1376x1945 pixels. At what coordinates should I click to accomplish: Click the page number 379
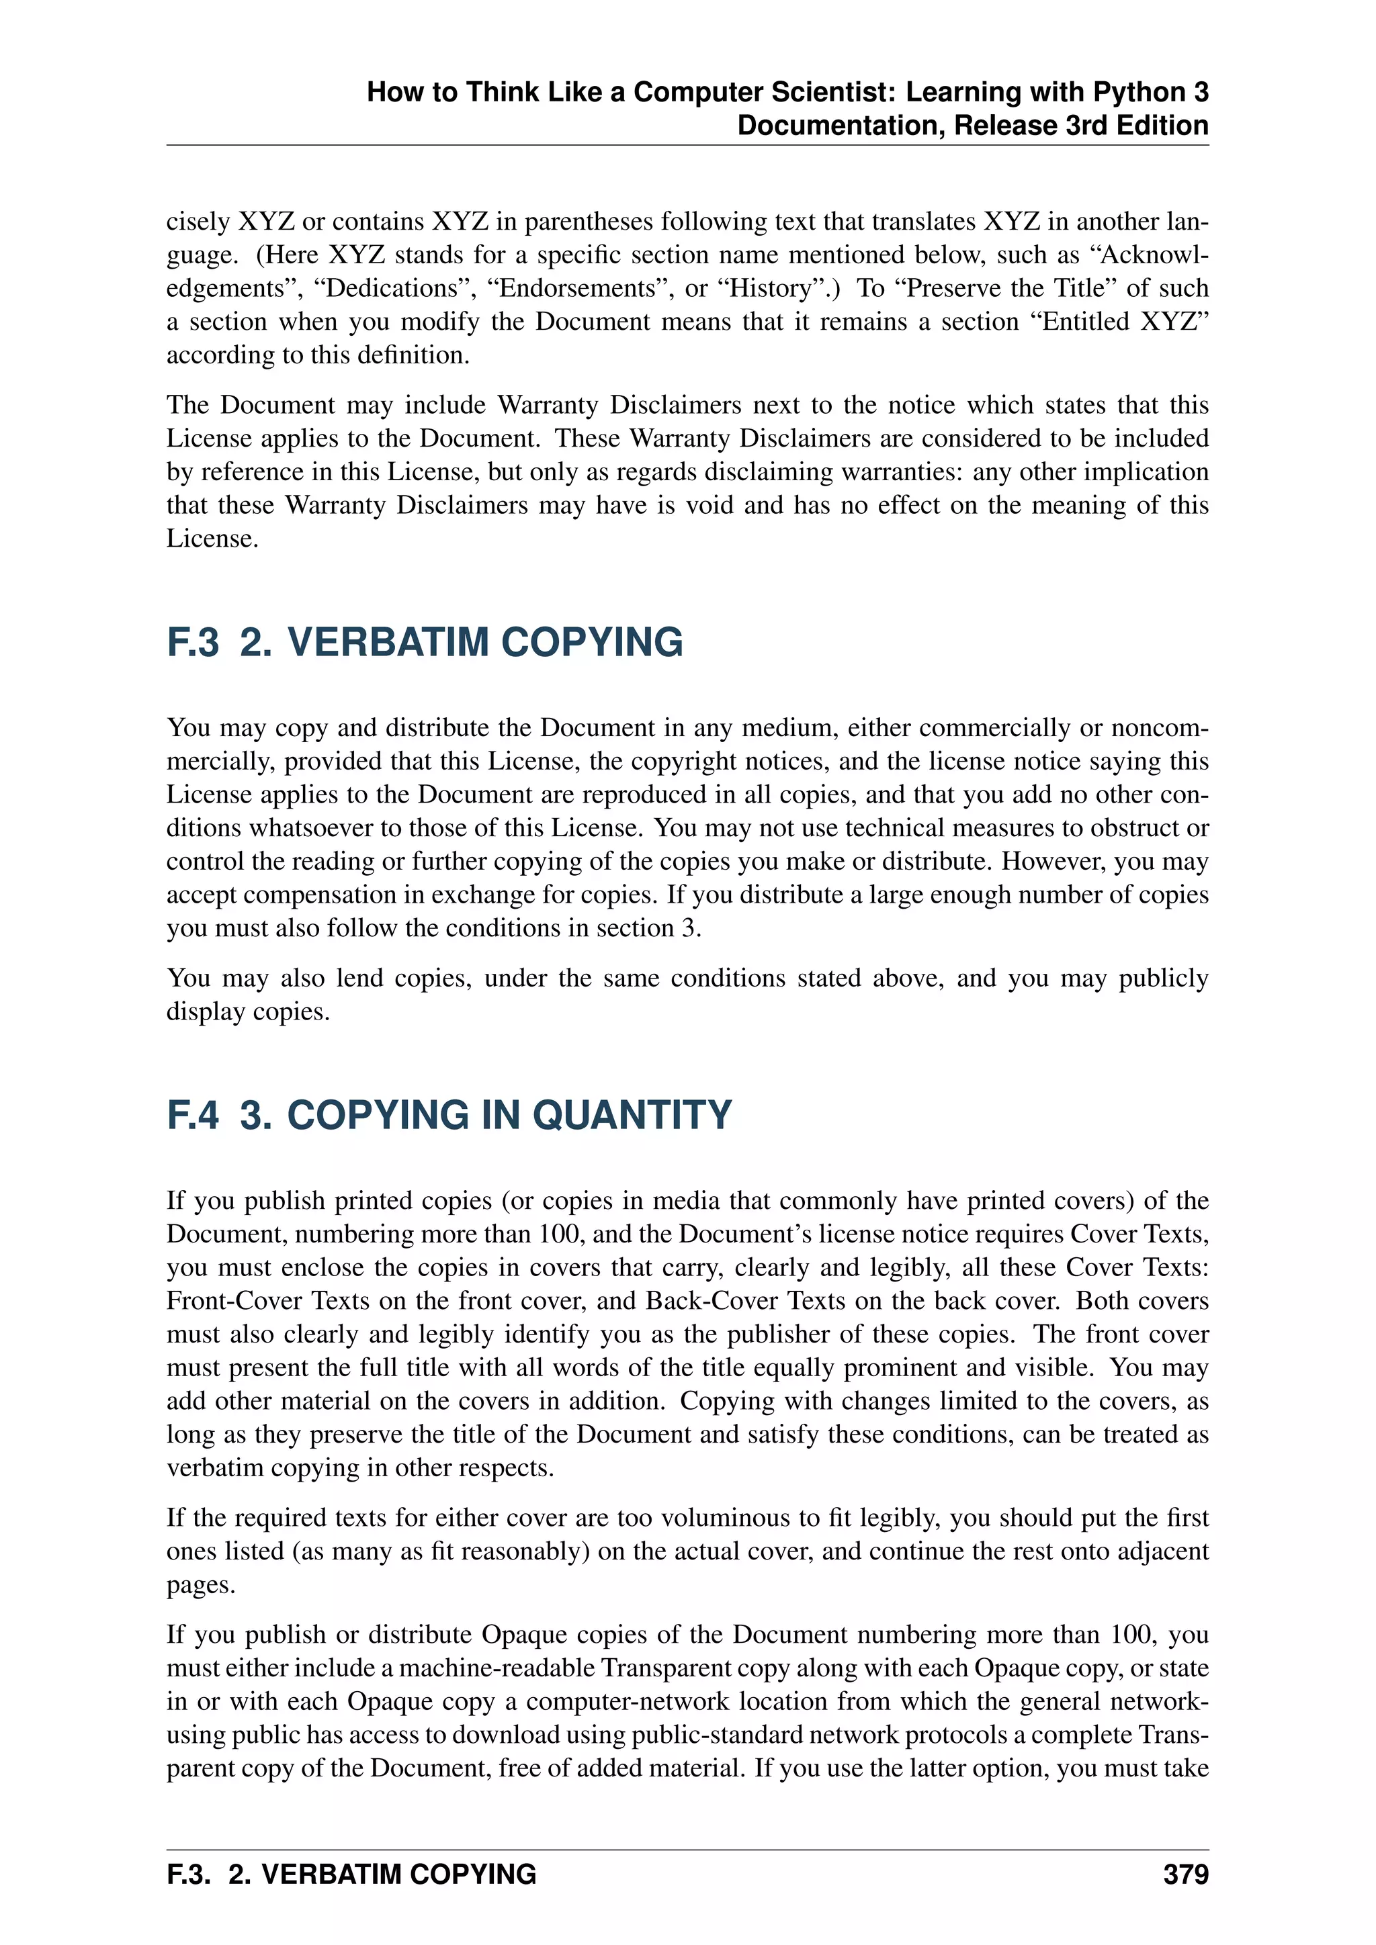(1185, 1874)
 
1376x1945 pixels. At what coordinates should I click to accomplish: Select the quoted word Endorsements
(577, 288)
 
